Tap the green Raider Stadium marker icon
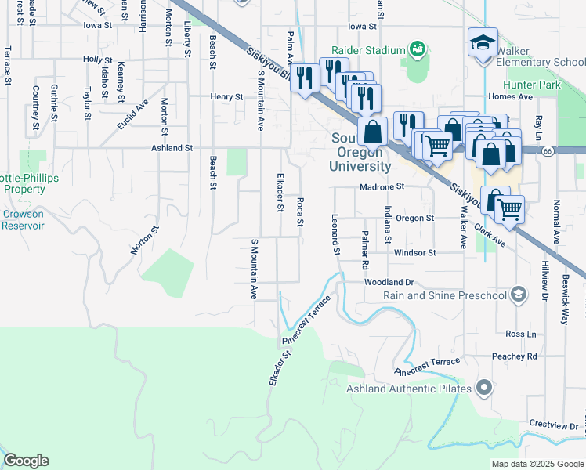[x=418, y=49]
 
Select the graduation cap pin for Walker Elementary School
[x=482, y=44]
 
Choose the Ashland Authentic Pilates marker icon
[x=486, y=388]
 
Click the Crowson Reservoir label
[x=23, y=219]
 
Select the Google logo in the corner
[x=26, y=461]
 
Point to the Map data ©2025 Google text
[x=537, y=464]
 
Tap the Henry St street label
[x=226, y=97]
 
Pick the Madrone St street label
[x=382, y=187]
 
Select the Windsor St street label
[x=414, y=253]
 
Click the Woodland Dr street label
[x=388, y=282]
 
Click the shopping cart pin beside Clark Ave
[x=510, y=210]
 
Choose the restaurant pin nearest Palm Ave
[x=302, y=78]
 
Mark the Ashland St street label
[x=172, y=147]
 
